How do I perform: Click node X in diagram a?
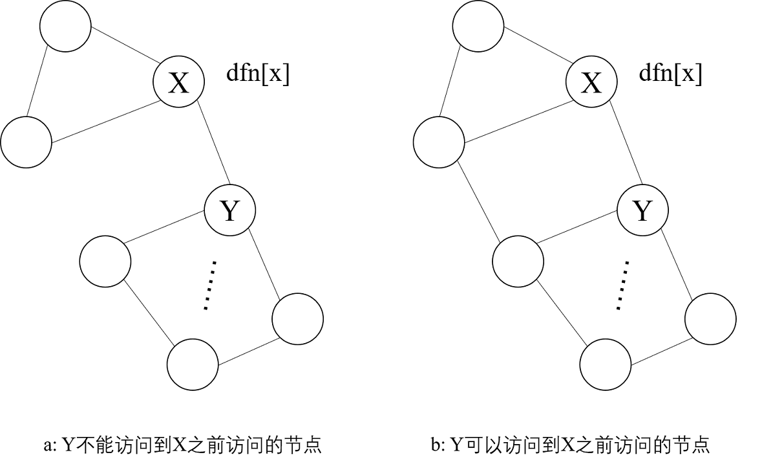point(178,82)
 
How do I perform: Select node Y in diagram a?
point(230,209)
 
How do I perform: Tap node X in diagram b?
point(591,82)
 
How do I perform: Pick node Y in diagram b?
point(642,209)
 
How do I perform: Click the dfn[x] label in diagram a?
point(258,74)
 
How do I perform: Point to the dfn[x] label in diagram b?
point(670,74)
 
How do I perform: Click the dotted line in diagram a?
point(209,285)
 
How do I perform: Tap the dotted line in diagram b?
point(622,285)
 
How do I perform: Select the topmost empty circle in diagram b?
point(478,26)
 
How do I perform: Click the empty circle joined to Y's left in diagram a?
point(105,262)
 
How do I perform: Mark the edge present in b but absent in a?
point(478,201)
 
